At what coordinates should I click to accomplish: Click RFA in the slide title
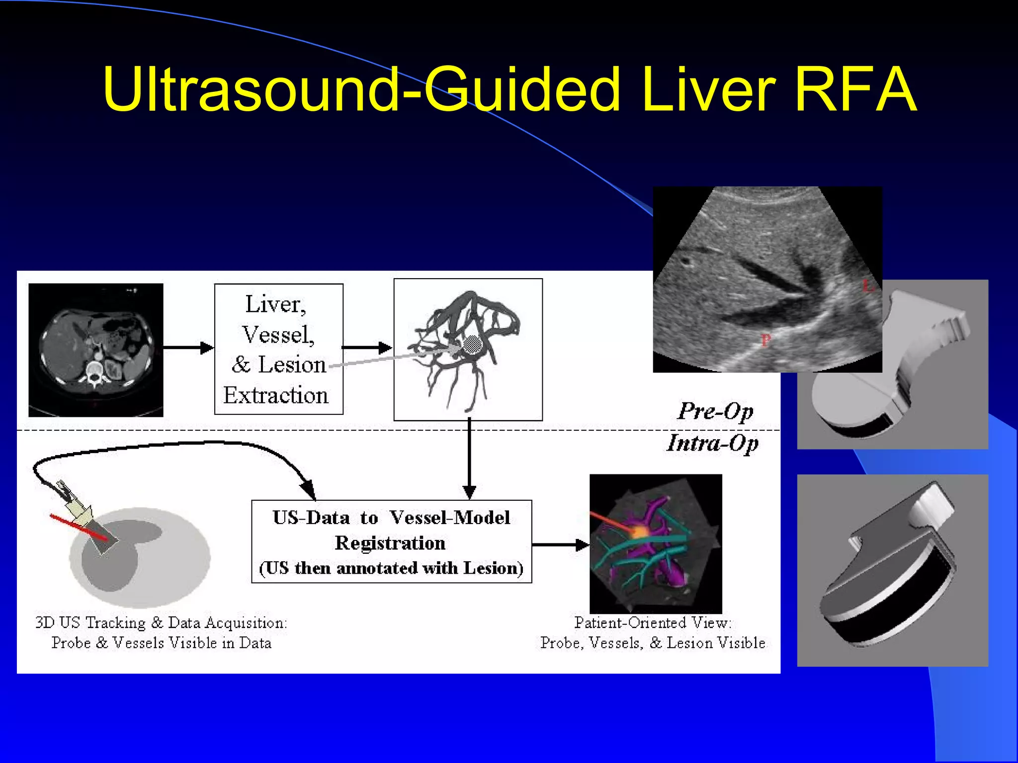[855, 89]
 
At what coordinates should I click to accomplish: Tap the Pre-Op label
[715, 411]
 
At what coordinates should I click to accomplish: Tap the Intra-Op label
[712, 443]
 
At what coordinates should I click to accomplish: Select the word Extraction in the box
[276, 395]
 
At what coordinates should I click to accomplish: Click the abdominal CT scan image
[96, 350]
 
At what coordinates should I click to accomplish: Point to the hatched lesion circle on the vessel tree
[473, 344]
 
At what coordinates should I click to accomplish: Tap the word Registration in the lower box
[390, 543]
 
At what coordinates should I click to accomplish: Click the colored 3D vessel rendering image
[656, 543]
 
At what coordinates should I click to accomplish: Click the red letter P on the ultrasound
[766, 340]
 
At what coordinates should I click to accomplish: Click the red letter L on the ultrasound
[867, 286]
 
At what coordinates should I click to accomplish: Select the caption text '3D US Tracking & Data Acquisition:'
[161, 623]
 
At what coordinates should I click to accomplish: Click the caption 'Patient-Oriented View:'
[653, 623]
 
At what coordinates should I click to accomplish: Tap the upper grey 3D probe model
[892, 365]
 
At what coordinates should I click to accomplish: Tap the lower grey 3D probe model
[892, 570]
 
